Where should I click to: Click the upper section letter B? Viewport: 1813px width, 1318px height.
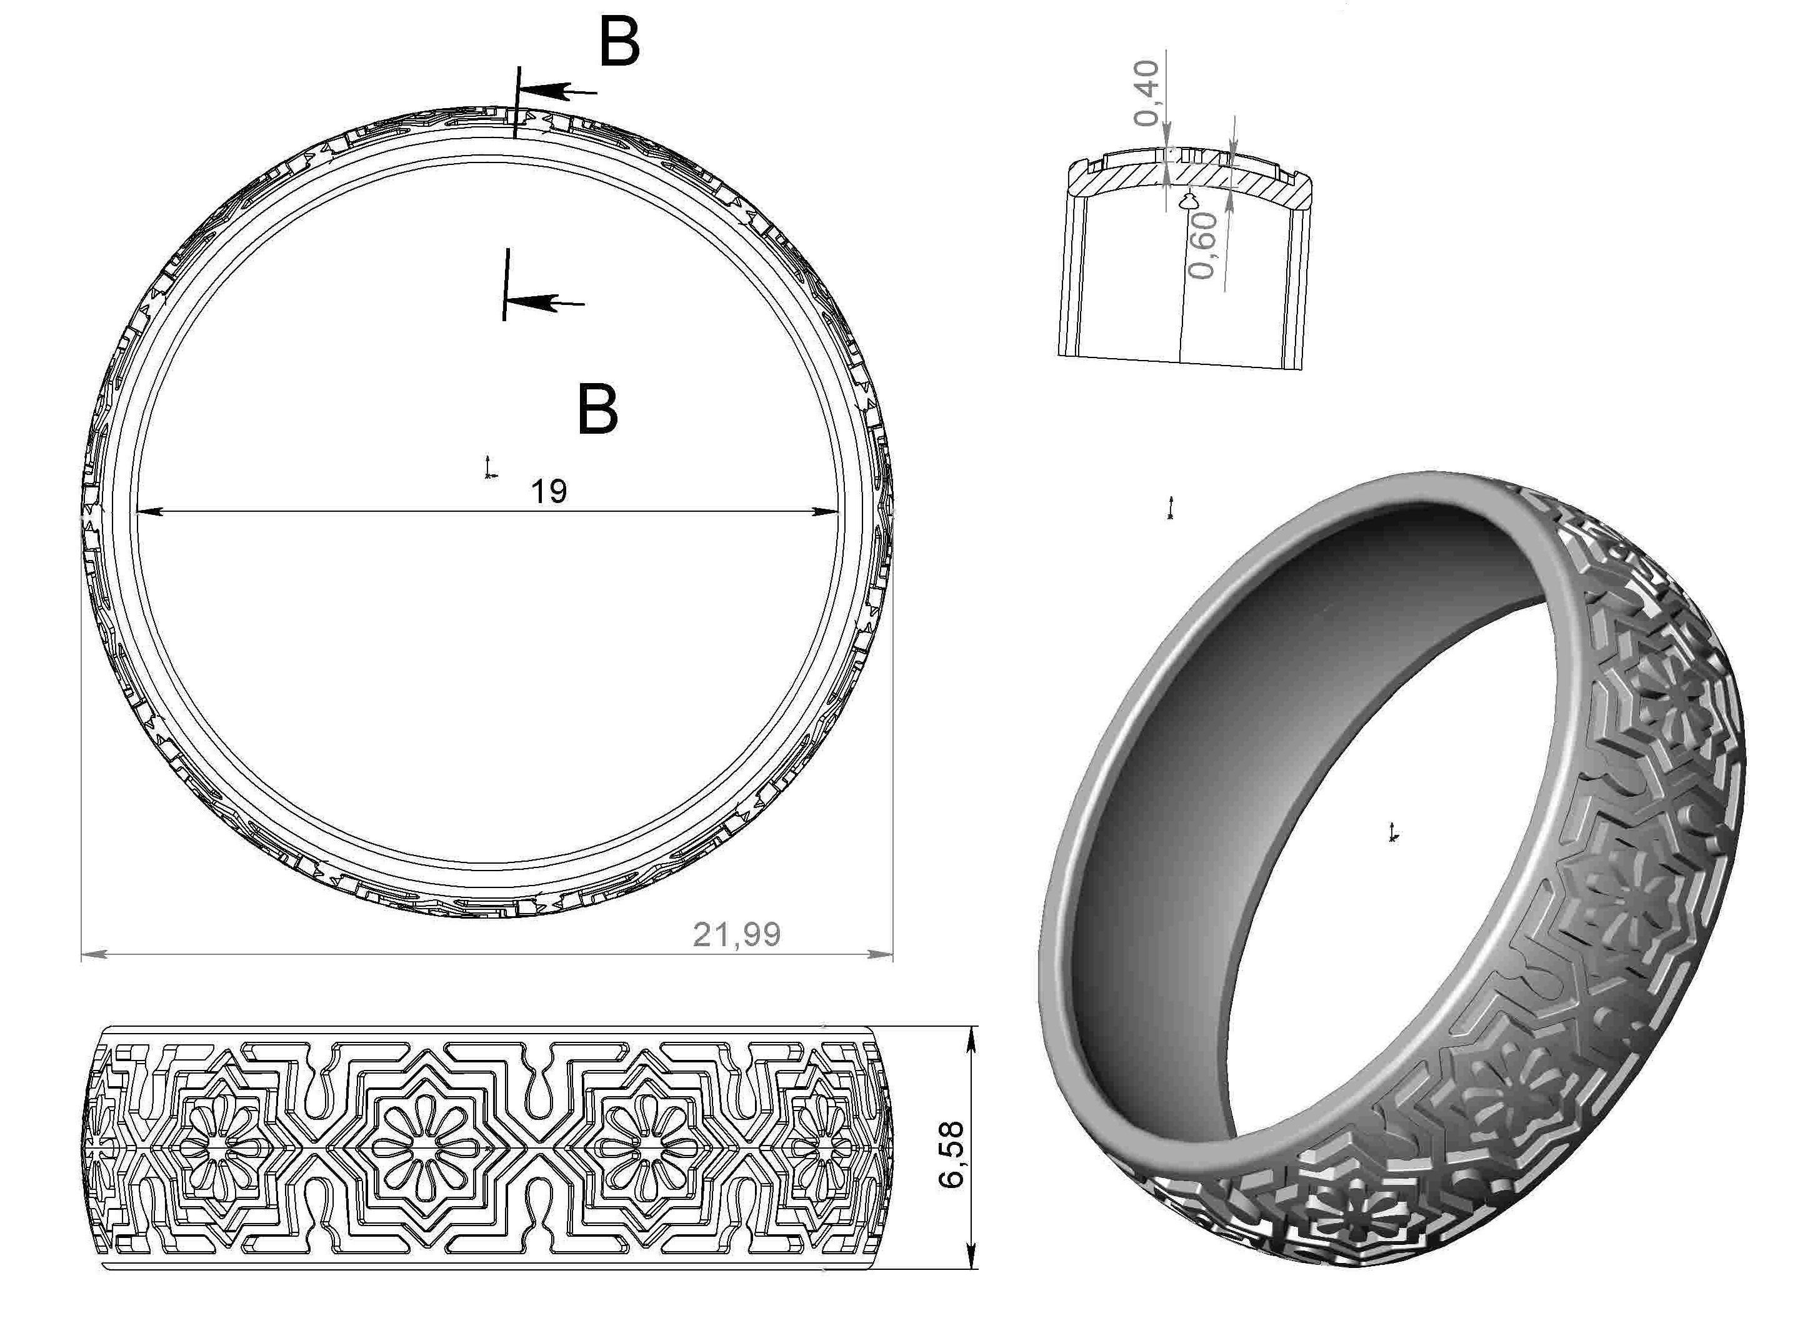[619, 43]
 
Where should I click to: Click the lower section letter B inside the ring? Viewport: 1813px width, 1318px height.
[598, 410]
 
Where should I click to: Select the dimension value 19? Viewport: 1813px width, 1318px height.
[549, 491]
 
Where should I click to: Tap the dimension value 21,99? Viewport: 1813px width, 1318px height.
[736, 934]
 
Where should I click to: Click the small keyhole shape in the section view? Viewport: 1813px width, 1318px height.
[1189, 200]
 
